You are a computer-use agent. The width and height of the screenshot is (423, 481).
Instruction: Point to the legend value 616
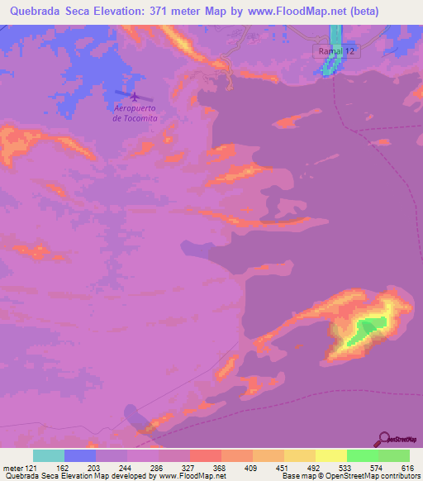406,467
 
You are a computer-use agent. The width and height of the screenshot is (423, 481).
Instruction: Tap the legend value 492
299,467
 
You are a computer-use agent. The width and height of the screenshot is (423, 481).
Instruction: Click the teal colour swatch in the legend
49,455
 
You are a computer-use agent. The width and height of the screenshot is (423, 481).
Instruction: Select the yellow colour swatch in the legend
330,455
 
